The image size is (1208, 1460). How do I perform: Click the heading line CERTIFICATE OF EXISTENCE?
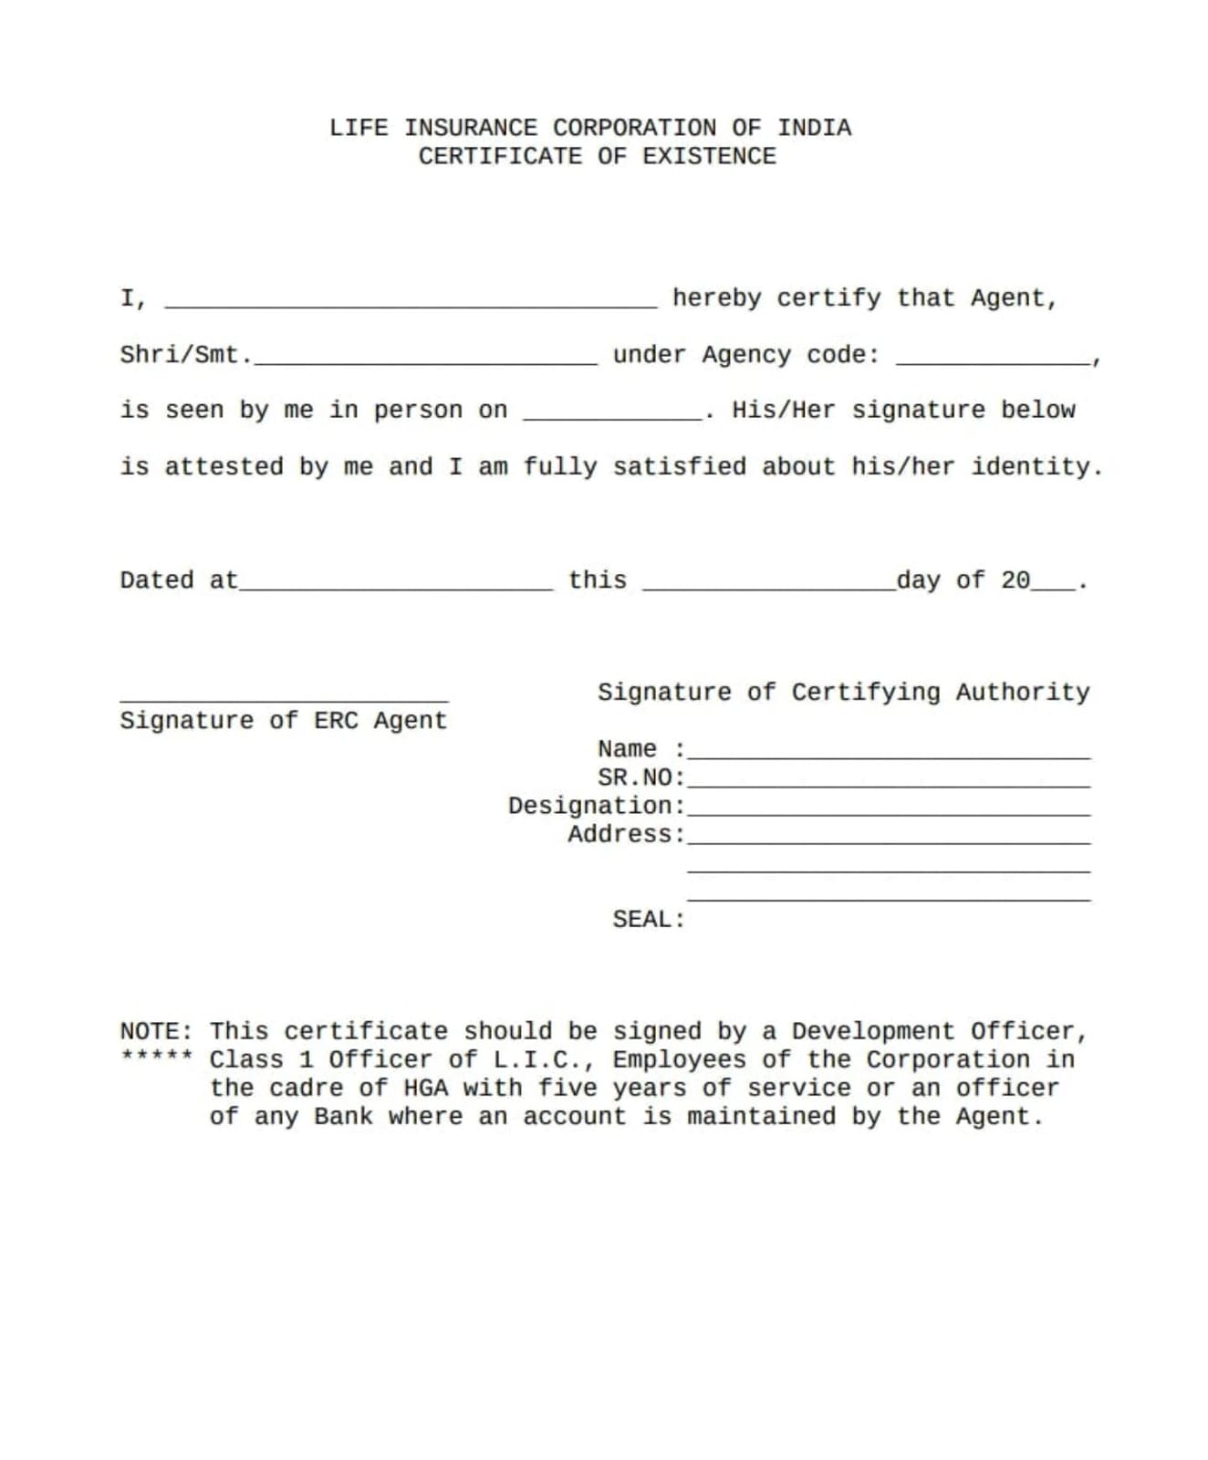click(x=597, y=157)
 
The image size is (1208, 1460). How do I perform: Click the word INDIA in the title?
click(x=814, y=128)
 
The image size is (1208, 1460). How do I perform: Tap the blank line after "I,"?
click(x=410, y=305)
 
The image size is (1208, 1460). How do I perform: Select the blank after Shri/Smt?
click(x=425, y=361)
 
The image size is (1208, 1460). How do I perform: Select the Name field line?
click(x=889, y=756)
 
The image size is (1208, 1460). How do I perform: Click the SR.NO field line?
click(x=889, y=785)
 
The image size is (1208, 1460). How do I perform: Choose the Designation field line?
click(x=889, y=813)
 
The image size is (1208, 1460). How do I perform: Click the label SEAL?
click(x=648, y=920)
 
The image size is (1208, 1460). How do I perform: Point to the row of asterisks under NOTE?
click(x=156, y=1057)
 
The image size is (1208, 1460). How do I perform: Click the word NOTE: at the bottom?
click(x=156, y=1032)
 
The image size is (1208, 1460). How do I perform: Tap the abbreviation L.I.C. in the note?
click(x=544, y=1060)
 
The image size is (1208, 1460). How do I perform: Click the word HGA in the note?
click(x=425, y=1089)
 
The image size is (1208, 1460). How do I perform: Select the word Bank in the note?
click(x=343, y=1117)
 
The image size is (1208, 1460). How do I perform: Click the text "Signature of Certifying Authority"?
click(x=843, y=693)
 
